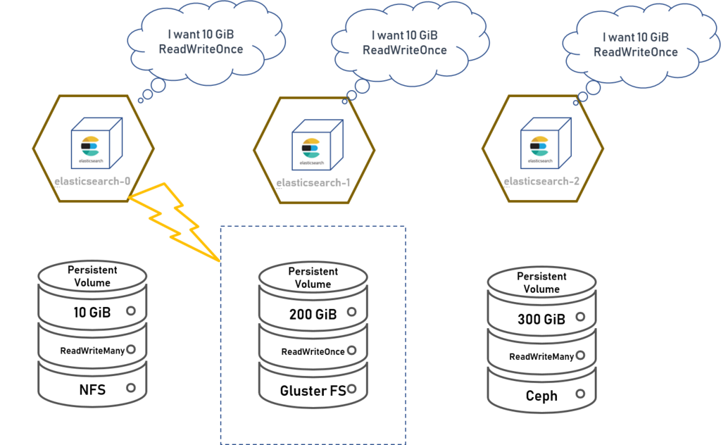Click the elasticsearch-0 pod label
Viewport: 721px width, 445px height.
(92, 181)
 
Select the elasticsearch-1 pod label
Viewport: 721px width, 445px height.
(313, 182)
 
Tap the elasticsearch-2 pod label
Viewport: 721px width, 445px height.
(541, 181)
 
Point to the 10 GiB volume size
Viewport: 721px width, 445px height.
(92, 313)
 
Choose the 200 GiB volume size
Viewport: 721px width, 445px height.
(313, 315)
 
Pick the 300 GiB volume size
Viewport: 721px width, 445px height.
(541, 319)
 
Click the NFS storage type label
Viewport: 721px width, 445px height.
(92, 390)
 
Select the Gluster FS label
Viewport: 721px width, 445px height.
(313, 391)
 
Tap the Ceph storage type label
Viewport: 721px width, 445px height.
(541, 396)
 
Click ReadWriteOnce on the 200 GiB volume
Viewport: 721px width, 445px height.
(313, 351)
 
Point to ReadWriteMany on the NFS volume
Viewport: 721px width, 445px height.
(92, 351)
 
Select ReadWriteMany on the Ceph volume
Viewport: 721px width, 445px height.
(541, 356)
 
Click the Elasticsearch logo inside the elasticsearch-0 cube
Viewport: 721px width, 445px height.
(91, 146)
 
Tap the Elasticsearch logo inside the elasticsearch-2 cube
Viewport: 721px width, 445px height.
(540, 146)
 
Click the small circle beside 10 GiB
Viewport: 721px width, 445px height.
(131, 311)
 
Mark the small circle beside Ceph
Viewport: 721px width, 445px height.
(580, 394)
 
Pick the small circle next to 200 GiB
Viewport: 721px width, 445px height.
(352, 312)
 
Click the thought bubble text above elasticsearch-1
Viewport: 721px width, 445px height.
(405, 43)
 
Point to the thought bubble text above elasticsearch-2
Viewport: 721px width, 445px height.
(636, 44)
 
